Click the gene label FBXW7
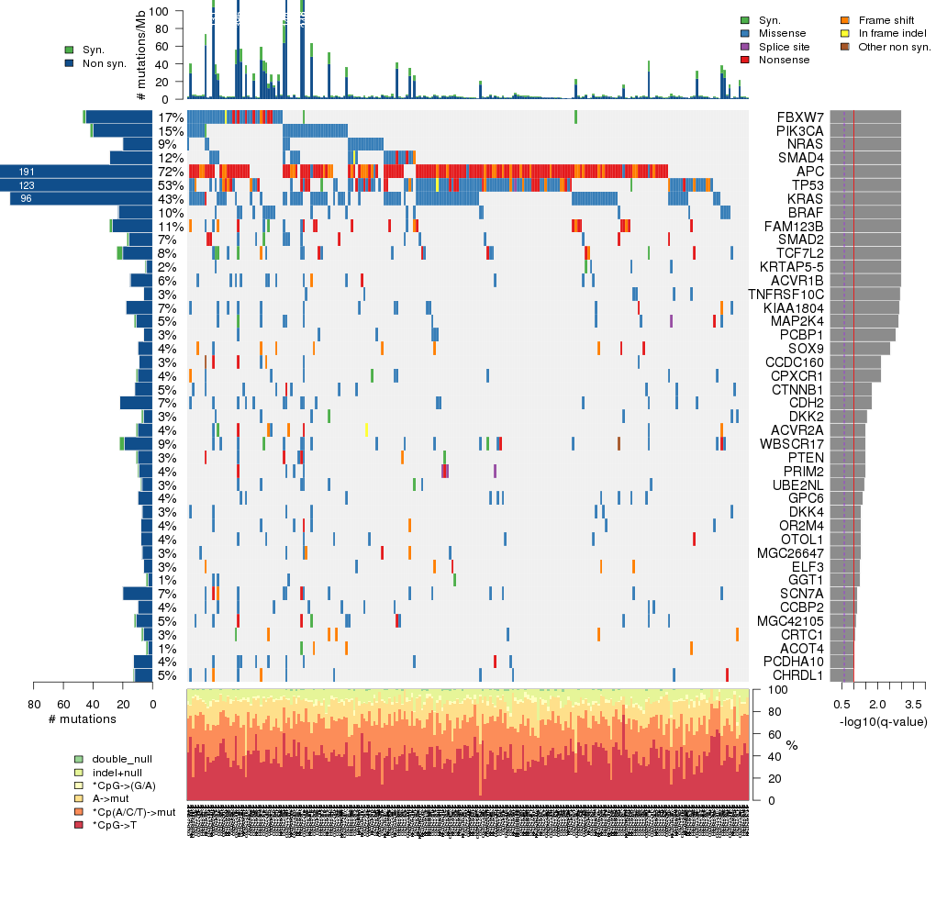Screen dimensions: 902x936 tap(800, 117)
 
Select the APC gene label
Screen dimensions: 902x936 tap(809, 172)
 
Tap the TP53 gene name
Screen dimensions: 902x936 tap(808, 185)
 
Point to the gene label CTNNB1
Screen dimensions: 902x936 tap(797, 389)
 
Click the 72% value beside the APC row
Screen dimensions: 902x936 tap(170, 172)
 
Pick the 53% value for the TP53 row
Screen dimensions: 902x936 tap(170, 185)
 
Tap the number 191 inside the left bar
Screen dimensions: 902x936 tap(27, 172)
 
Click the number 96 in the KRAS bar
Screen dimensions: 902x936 tap(27, 199)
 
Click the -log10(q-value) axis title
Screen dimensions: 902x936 tap(883, 721)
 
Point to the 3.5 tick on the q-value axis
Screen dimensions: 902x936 tap(913, 704)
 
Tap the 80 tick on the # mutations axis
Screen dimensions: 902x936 tap(34, 704)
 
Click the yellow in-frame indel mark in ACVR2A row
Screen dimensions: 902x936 tap(367, 429)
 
